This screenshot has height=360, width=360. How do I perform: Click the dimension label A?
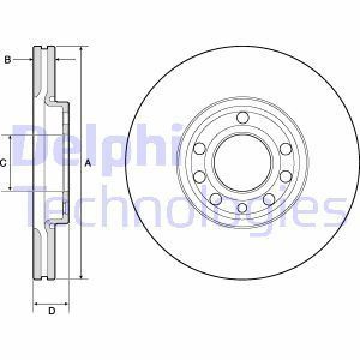88,163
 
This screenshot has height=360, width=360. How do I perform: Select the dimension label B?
8,59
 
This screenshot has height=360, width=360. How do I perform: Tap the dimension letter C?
4,163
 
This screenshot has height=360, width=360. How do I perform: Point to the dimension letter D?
51,311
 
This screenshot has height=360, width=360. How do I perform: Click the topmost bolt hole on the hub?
242,118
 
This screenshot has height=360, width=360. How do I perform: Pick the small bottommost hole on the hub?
242,208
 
